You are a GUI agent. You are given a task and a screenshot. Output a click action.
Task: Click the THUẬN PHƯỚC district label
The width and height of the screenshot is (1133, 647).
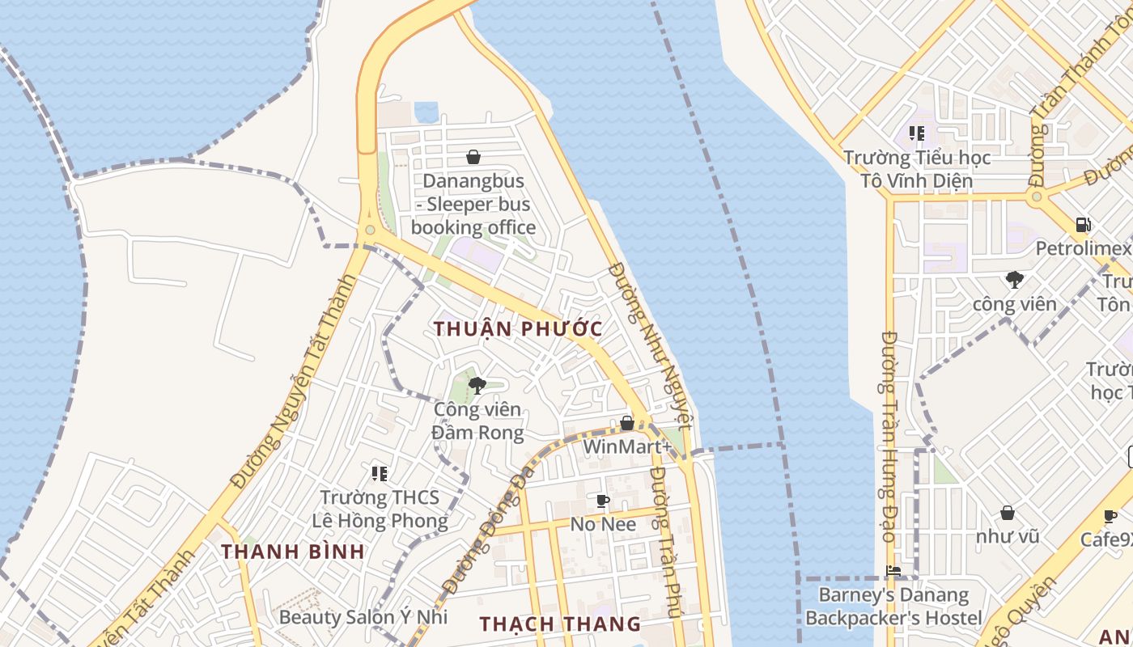pyautogui.click(x=518, y=329)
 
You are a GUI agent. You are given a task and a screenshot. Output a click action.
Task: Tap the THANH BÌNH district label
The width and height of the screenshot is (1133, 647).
pyautogui.click(x=292, y=552)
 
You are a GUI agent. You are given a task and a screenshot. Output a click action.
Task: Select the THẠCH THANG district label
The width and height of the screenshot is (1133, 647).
pyautogui.click(x=560, y=624)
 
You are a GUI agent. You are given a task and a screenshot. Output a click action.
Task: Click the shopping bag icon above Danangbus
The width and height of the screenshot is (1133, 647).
pyautogui.click(x=473, y=157)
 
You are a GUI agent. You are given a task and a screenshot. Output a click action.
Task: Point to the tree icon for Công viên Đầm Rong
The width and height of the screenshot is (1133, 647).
pyautogui.click(x=477, y=385)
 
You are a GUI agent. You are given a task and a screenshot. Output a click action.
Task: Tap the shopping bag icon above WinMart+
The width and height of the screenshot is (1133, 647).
pyautogui.click(x=626, y=423)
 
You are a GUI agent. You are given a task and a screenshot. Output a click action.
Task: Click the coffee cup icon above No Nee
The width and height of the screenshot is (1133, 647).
pyautogui.click(x=602, y=501)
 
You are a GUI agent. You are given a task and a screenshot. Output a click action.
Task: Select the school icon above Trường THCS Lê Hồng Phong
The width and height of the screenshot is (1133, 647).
pyautogui.click(x=379, y=473)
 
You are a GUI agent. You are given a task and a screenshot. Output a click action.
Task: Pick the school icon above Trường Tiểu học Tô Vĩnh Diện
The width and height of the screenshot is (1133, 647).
pyautogui.click(x=916, y=133)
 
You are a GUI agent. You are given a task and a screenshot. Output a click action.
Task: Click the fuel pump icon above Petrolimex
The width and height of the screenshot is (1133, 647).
pyautogui.click(x=1083, y=225)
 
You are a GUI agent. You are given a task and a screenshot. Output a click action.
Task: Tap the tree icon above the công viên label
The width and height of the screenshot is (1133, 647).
pyautogui.click(x=1014, y=281)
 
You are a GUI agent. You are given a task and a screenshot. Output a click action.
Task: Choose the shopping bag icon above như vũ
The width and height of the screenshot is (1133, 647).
pyautogui.click(x=1008, y=513)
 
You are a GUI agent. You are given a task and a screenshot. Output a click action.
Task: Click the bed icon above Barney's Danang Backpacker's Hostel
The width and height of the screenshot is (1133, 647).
pyautogui.click(x=893, y=571)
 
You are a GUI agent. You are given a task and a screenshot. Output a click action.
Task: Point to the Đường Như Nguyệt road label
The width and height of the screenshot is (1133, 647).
pyautogui.click(x=652, y=344)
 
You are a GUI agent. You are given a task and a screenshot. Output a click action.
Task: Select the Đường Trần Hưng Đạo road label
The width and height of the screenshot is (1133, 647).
pyautogui.click(x=888, y=437)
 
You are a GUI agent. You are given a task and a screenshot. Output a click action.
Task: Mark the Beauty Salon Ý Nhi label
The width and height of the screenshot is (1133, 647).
pyautogui.click(x=363, y=617)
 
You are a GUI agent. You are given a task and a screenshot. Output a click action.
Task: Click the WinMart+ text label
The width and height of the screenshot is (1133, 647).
pyautogui.click(x=627, y=446)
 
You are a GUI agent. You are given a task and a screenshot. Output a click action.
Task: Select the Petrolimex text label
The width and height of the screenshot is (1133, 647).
pyautogui.click(x=1083, y=248)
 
